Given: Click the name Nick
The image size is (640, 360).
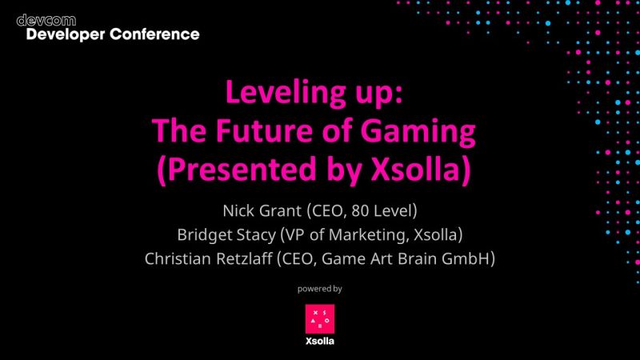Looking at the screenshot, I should pos(238,212).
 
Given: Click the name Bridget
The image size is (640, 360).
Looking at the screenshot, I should pos(202,235).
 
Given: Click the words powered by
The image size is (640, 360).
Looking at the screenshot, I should pos(319,288).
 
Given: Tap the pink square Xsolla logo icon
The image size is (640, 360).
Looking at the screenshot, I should pos(319,318).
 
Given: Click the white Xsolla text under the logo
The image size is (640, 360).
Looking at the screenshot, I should pos(319,342).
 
